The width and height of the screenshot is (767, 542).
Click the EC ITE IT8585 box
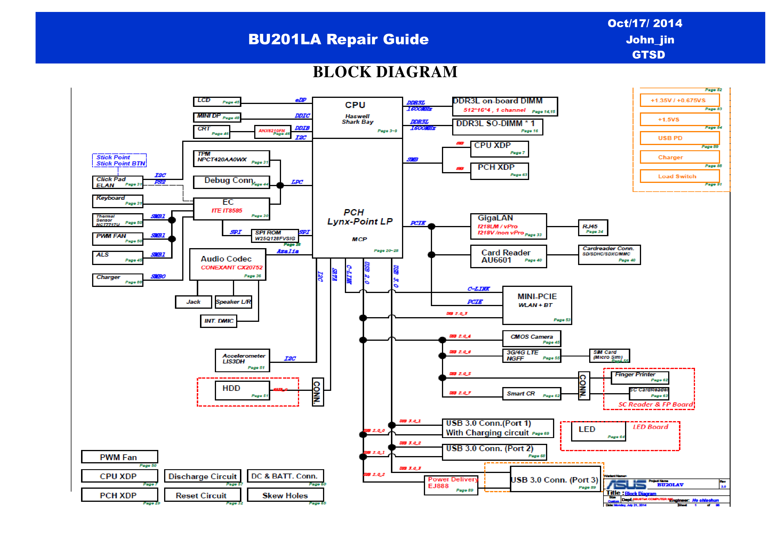coord(231,209)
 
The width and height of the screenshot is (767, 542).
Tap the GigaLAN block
coord(508,226)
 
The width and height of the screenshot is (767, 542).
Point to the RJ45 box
coord(593,228)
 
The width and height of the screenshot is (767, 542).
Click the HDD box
coord(242,390)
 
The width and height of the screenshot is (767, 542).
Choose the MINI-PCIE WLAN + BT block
coord(537,305)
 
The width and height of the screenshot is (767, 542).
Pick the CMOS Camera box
coord(531,338)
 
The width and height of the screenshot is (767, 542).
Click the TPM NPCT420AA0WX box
coord(231,158)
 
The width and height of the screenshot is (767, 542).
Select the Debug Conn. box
coord(231,182)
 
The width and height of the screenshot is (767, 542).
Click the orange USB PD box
coord(680,138)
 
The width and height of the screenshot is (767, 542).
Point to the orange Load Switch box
coord(680,176)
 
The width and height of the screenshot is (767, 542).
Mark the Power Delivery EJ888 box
coord(451,485)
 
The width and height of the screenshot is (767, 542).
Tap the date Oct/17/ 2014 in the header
coord(645,23)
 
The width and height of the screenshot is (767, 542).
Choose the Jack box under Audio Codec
coord(193,302)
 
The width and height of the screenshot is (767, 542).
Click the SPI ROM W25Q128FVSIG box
coord(275,236)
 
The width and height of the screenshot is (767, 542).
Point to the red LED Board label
coord(650,427)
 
